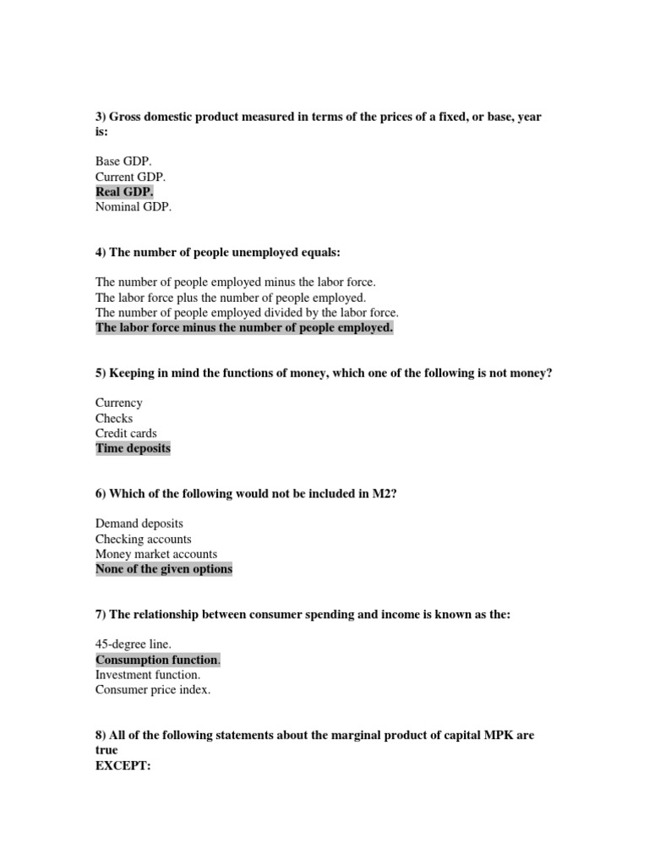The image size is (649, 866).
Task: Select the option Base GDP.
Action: [x=123, y=162]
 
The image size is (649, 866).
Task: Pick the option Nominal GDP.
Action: [x=134, y=207]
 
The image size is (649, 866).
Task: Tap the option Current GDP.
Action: [x=131, y=177]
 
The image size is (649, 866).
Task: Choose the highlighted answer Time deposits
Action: [x=133, y=448]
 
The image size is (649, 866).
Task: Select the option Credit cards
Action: [x=126, y=433]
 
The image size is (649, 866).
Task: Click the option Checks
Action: [x=114, y=418]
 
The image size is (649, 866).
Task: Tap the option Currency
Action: [x=119, y=403]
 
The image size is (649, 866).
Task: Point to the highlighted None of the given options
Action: [x=164, y=569]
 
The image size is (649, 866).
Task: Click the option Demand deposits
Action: [x=139, y=523]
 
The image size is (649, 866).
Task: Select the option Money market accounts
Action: [x=156, y=554]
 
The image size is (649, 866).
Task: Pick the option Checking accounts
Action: [x=144, y=539]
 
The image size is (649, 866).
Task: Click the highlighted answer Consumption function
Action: [x=157, y=660]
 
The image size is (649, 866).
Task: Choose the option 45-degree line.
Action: [x=134, y=644]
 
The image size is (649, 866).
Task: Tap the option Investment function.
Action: [x=148, y=675]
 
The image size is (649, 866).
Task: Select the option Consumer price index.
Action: [x=153, y=690]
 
